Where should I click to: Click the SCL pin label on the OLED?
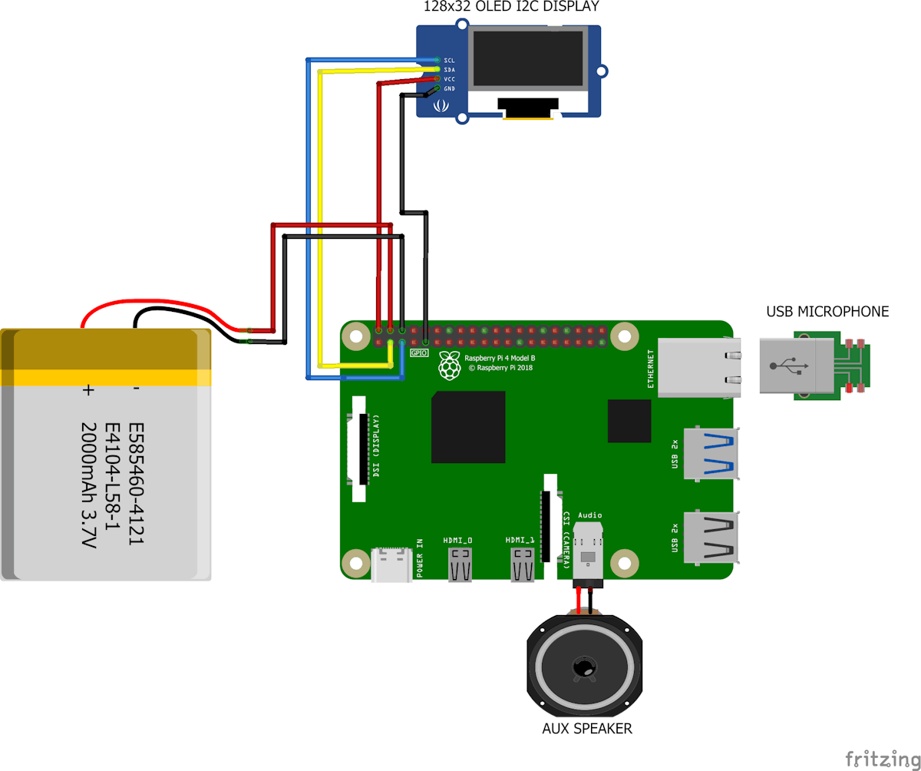click(449, 61)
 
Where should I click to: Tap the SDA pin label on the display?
click(449, 70)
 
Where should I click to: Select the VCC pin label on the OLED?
click(449, 79)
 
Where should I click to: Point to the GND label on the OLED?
click(449, 88)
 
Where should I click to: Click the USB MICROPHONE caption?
click(827, 312)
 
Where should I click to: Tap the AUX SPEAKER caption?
click(586, 728)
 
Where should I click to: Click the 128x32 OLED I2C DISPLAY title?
click(511, 6)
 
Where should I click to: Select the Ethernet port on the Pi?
click(698, 368)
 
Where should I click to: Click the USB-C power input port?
click(391, 564)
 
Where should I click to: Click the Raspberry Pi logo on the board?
click(450, 366)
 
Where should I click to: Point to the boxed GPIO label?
click(418, 352)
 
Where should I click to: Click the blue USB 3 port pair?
click(711, 453)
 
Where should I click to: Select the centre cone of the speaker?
click(584, 667)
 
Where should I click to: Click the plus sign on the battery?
click(88, 390)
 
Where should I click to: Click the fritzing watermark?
click(882, 759)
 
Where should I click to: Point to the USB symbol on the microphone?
click(789, 366)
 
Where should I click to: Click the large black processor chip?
click(468, 427)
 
